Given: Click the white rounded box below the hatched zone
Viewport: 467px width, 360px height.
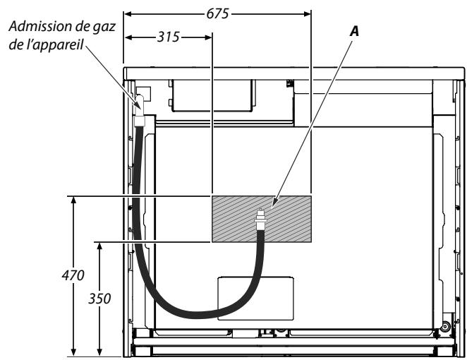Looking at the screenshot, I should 253,297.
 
